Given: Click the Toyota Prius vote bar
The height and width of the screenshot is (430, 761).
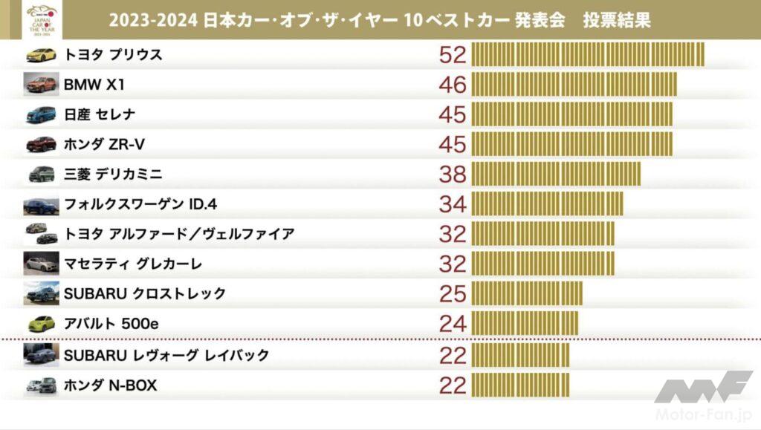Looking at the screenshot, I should [x=588, y=55].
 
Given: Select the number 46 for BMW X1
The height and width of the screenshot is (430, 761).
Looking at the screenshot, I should [x=453, y=85].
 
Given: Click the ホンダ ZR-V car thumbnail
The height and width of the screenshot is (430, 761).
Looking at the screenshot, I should [x=41, y=144].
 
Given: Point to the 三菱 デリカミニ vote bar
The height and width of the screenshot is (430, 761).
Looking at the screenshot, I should [x=556, y=175].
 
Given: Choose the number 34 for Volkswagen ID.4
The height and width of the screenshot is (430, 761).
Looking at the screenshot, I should [x=453, y=204].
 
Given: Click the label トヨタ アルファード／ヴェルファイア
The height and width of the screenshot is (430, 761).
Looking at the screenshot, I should [x=179, y=234].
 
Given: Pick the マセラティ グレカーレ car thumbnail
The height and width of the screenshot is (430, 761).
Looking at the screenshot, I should [x=41, y=264].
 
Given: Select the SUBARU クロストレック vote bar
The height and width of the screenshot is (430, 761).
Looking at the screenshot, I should [x=527, y=293].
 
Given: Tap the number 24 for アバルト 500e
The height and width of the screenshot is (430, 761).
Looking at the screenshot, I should [x=453, y=324].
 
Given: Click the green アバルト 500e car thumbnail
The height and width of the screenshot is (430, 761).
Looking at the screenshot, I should [x=41, y=324].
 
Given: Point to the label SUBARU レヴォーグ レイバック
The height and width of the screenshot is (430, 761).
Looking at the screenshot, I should [x=166, y=355].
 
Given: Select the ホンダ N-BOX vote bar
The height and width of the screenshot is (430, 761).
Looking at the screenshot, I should [x=520, y=385].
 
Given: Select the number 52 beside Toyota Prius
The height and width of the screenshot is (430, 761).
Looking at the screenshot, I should [x=453, y=55].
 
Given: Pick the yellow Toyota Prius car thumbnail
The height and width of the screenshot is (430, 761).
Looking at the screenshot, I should [x=41, y=55].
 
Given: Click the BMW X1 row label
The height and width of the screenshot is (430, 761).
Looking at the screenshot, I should [x=94, y=85].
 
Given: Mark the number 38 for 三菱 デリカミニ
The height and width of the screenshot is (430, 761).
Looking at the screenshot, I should [x=453, y=175].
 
